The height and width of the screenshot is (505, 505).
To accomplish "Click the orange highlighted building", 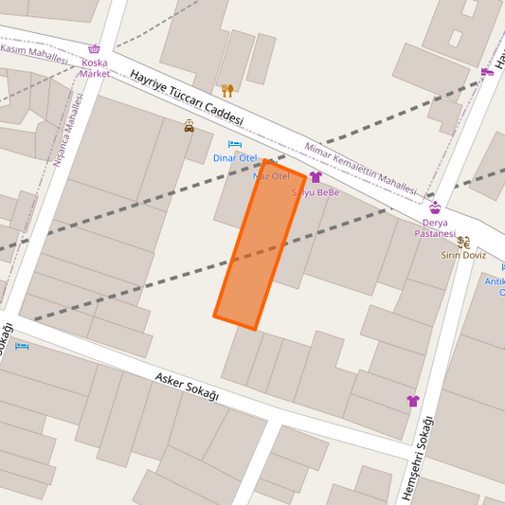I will [x=260, y=246].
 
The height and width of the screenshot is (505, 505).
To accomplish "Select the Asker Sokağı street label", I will [x=186, y=387].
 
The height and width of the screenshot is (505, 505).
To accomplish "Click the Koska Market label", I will [x=94, y=67].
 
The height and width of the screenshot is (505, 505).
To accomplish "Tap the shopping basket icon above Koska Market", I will [x=94, y=49].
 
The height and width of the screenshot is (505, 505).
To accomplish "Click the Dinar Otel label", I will [x=235, y=158].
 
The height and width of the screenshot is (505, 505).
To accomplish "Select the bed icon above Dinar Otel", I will [x=235, y=144].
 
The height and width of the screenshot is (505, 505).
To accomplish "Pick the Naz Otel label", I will [x=271, y=176].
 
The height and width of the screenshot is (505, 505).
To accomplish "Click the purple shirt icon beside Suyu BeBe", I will [x=316, y=177].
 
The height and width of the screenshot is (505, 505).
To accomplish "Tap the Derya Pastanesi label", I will [x=435, y=227].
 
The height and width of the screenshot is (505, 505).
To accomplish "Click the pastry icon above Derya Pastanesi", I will [x=435, y=207].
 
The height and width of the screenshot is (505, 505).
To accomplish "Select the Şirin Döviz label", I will [x=462, y=255].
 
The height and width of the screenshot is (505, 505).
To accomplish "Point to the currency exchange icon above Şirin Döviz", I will [x=462, y=242].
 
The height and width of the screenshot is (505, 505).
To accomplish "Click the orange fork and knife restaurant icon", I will [x=227, y=90].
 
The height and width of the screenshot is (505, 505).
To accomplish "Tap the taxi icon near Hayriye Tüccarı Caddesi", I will [x=189, y=126].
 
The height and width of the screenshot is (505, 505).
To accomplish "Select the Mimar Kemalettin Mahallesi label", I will [x=360, y=169].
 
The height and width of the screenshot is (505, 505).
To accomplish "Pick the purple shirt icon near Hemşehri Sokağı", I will [x=412, y=401].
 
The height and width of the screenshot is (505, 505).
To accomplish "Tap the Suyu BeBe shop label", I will [x=316, y=192].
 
